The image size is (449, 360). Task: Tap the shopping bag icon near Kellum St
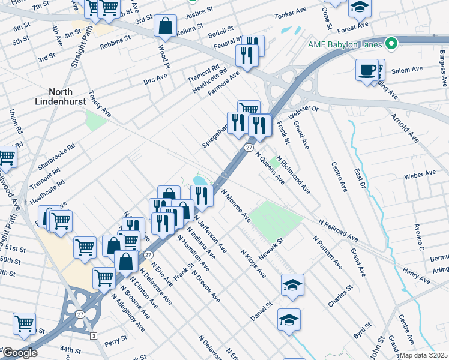click(165, 26)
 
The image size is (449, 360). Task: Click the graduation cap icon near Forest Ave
click(360, 7)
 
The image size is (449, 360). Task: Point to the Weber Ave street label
click(420, 175)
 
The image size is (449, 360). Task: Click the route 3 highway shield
click(93, 335)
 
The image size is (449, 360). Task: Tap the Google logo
click(19, 353)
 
